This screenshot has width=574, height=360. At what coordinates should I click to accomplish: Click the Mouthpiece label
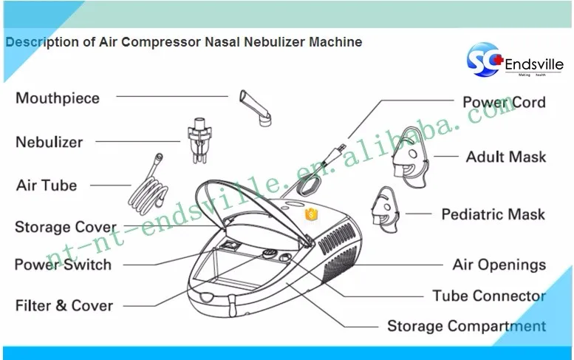point(57,98)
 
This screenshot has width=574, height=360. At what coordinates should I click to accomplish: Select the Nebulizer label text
point(49,141)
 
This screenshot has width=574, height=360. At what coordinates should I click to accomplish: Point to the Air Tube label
point(47,185)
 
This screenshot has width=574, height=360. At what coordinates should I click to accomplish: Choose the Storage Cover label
point(66,227)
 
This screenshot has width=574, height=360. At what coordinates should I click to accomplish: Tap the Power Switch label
point(63,265)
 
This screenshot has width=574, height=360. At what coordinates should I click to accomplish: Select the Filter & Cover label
point(64,305)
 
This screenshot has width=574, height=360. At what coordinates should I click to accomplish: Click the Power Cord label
point(504,103)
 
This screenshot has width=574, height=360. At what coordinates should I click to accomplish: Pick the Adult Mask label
point(505,157)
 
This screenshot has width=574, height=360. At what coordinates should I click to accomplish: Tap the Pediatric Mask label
point(493,214)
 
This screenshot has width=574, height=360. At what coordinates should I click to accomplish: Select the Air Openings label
point(499,265)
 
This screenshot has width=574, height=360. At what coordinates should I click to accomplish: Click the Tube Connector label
point(489,296)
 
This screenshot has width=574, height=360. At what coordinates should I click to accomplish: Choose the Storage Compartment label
point(467,326)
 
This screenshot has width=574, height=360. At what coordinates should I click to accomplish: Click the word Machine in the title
point(335,42)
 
